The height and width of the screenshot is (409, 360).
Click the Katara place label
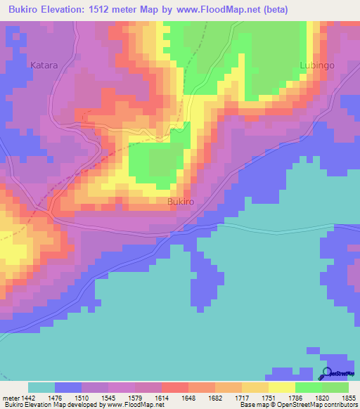pos(44,65)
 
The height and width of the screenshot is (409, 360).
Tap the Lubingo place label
pos(317,65)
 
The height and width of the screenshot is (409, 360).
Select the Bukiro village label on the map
pos(181,202)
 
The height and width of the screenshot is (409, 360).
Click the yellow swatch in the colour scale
pos(281,387)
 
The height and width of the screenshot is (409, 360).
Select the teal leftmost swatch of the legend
pos(41,387)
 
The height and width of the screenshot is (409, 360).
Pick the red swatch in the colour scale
pos(174,387)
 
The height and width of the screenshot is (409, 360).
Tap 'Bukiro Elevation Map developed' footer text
pos(49,405)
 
